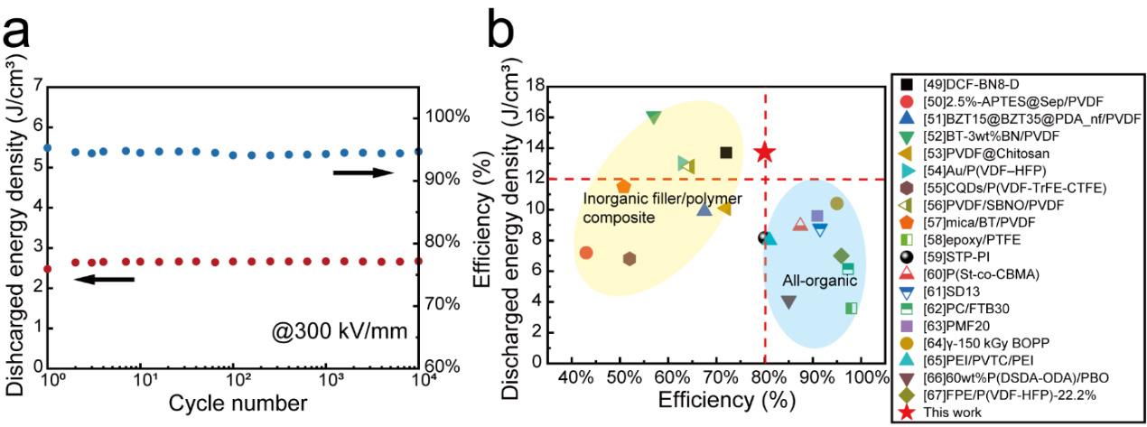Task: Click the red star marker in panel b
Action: (765, 152)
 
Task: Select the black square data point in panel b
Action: (725, 153)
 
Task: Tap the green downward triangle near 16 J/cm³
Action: (654, 117)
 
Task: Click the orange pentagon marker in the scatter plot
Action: (623, 187)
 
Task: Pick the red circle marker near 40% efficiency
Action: (586, 253)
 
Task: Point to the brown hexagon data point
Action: (629, 259)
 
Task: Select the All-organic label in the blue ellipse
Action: (819, 281)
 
